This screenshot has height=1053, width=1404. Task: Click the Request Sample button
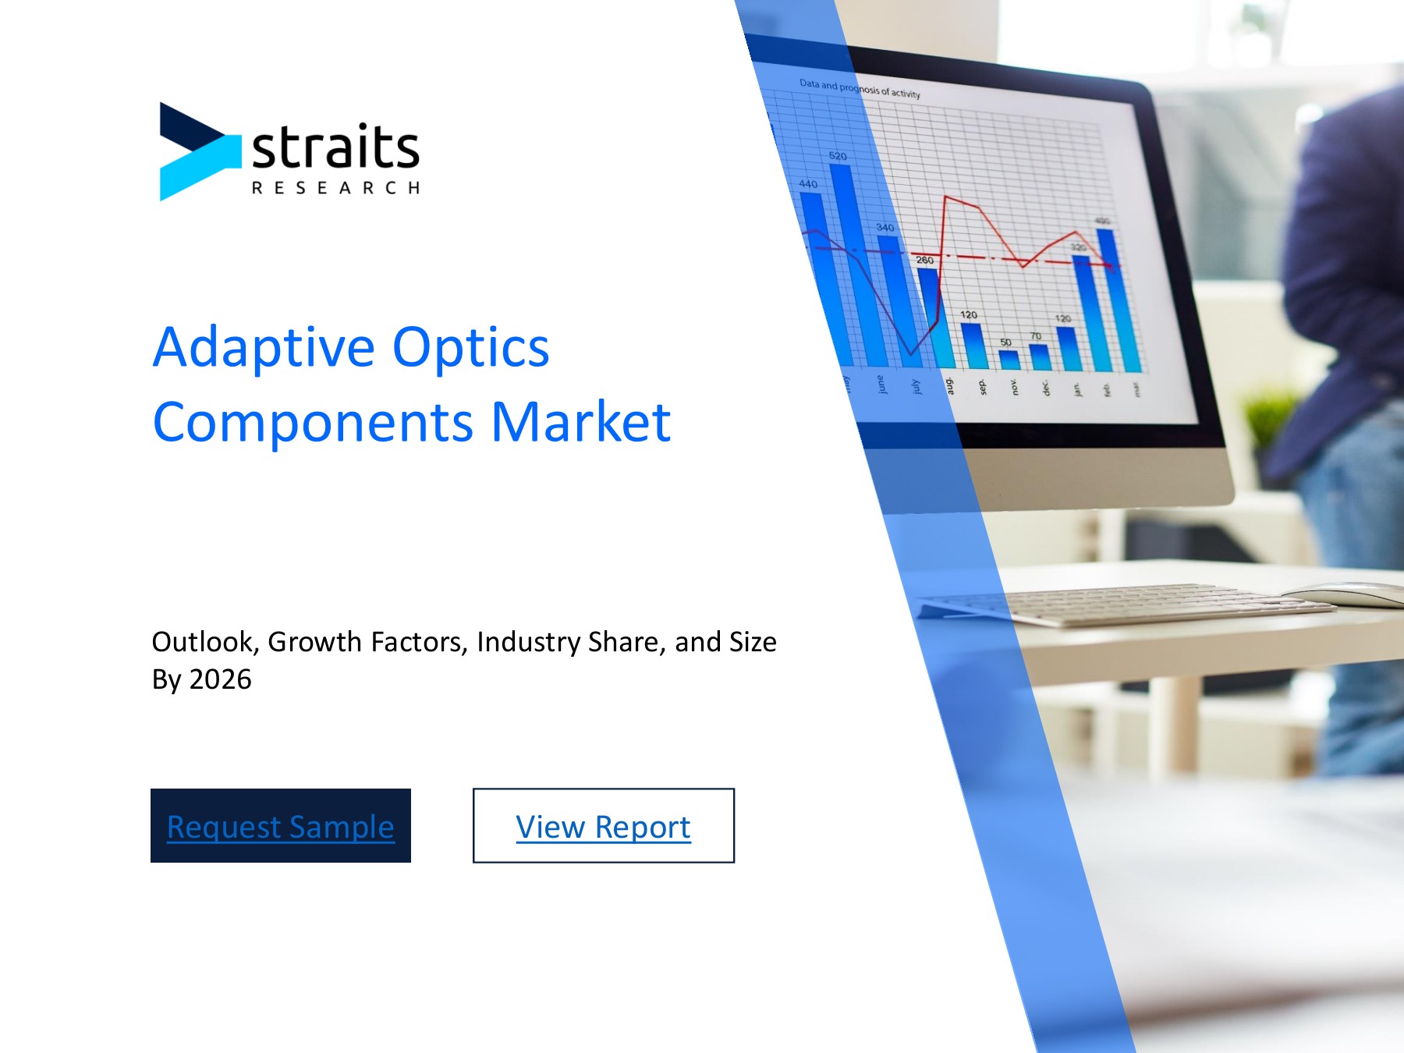click(280, 825)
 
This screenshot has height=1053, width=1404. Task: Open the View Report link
click(603, 825)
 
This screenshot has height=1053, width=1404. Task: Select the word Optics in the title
click(470, 347)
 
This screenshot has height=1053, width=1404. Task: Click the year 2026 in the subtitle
click(221, 679)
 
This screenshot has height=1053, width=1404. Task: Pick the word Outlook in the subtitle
click(203, 642)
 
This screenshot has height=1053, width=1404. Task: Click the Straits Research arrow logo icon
click(197, 151)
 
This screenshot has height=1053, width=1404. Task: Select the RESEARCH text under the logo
click(335, 188)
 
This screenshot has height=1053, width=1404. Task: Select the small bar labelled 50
click(1009, 359)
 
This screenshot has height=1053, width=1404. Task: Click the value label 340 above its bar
click(885, 228)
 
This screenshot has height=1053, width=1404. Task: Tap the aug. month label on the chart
click(949, 385)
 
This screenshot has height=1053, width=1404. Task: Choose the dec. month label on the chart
click(1046, 388)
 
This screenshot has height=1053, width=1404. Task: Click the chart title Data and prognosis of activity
click(860, 88)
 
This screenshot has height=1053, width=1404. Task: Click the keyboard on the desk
click(1131, 604)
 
